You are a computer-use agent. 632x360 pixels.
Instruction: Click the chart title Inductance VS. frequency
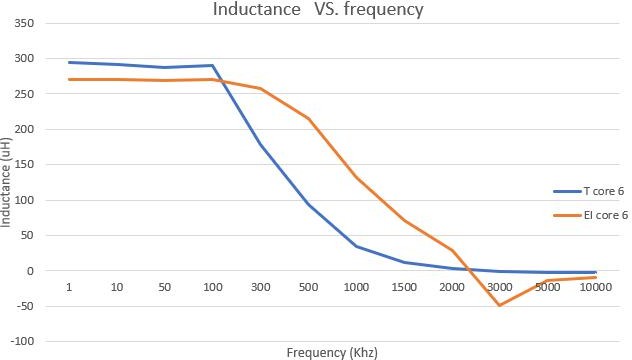317,11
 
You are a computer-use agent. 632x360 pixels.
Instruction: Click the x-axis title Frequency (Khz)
332,352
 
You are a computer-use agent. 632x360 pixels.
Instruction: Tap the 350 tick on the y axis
26,23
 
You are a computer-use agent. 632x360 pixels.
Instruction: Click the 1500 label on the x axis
404,288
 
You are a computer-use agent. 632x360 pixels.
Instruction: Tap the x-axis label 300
260,288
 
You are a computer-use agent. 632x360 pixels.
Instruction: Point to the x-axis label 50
165,288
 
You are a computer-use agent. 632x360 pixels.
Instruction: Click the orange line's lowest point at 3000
500,305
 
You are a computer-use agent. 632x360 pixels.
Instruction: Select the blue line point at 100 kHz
213,65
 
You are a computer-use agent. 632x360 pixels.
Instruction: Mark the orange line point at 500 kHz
308,118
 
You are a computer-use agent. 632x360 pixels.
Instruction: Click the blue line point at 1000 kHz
356,246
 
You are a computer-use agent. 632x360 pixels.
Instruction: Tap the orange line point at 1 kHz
69,79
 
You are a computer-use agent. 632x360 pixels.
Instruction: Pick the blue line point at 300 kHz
260,144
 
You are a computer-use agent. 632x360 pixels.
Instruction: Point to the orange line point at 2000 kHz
452,250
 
